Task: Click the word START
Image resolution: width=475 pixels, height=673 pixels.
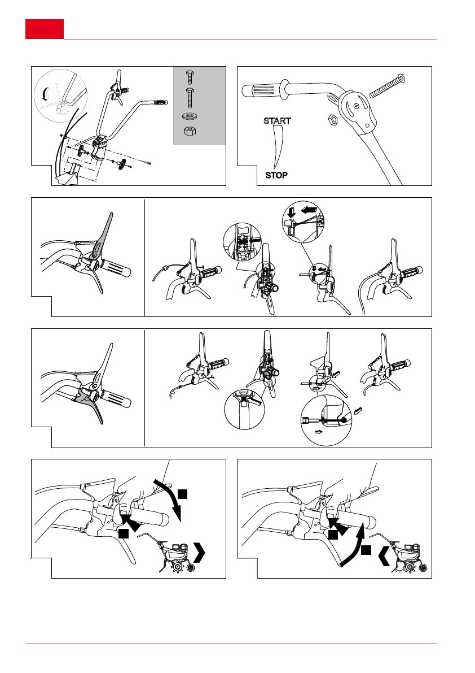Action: pyautogui.click(x=277, y=121)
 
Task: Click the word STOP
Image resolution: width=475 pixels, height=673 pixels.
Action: pyautogui.click(x=276, y=175)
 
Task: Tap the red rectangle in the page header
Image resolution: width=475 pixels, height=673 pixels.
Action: pyautogui.click(x=45, y=29)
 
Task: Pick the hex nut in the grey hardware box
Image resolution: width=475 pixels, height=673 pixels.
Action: pyautogui.click(x=190, y=131)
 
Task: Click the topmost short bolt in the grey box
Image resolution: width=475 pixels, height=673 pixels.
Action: pyautogui.click(x=190, y=77)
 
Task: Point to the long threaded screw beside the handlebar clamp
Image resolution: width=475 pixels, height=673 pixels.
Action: pyautogui.click(x=387, y=86)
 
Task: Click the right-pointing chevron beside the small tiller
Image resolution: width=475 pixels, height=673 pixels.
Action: pyautogui.click(x=199, y=553)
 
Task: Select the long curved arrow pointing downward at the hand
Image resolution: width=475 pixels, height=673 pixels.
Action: pyautogui.click(x=170, y=497)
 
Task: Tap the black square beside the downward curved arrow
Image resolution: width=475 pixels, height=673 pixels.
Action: pyautogui.click(x=182, y=494)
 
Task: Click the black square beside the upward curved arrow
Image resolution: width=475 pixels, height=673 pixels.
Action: pyautogui.click(x=366, y=550)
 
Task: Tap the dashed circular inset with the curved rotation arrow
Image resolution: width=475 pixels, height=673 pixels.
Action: pyautogui.click(x=60, y=95)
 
